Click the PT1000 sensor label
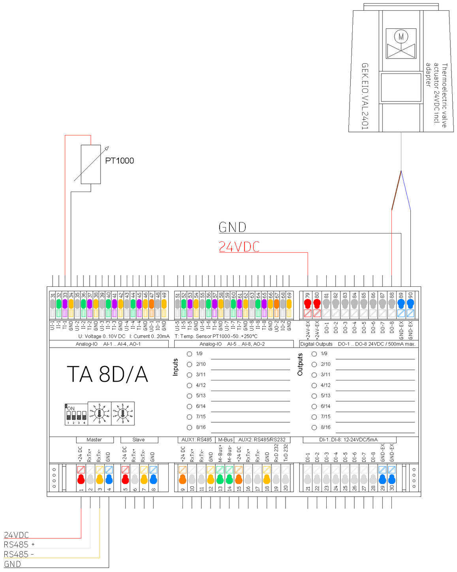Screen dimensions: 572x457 coord(119,161)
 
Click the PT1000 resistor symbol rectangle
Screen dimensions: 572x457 coord(91,164)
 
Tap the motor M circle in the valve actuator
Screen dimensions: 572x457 coord(401,37)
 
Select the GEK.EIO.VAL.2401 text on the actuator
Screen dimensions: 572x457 coord(365,96)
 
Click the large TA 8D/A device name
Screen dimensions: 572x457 coord(107,374)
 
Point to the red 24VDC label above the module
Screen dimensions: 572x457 coord(239,247)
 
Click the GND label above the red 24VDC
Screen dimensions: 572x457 coord(233,227)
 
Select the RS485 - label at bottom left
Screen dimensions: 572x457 coord(19,555)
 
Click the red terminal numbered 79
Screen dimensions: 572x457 coord(308,303)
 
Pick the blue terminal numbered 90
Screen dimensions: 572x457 coord(410,303)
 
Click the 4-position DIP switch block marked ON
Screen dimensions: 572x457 coord(76,414)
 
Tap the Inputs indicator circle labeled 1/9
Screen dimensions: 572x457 coord(190,354)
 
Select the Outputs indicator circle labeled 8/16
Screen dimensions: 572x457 coord(314,427)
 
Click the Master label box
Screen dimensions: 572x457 coord(94,440)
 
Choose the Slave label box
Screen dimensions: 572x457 coord(139,440)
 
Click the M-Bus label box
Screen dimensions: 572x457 coord(226,440)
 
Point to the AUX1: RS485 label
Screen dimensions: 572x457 coord(196,440)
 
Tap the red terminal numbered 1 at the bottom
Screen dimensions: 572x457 coord(81,479)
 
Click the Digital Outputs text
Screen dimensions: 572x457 coord(316,344)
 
